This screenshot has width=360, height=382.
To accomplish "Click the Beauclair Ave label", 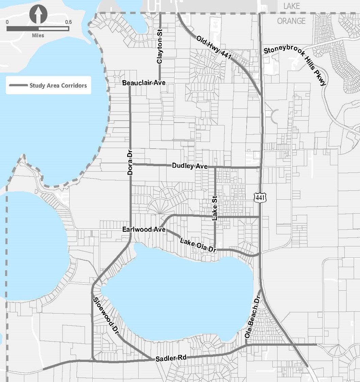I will click(x=144, y=83).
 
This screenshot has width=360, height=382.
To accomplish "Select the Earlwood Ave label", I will click(x=144, y=230).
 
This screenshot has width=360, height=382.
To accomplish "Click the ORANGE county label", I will click(x=291, y=21).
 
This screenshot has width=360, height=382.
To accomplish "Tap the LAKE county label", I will click(x=292, y=6).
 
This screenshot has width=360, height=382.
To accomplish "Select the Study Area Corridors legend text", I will click(x=58, y=86).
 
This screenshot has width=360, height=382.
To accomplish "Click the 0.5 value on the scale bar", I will click(x=68, y=22).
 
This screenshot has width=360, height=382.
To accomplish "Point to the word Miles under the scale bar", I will click(x=38, y=35).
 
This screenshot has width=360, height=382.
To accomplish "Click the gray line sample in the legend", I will click(x=18, y=86).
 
